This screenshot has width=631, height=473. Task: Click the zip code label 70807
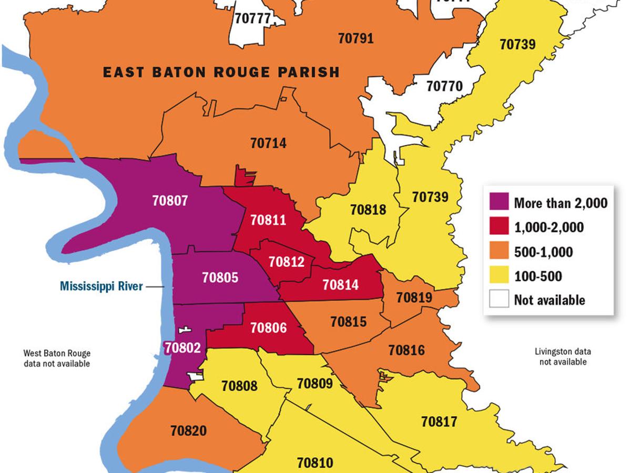[x=170, y=200]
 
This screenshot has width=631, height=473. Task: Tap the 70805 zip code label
[x=220, y=277]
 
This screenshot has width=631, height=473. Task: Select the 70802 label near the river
[x=182, y=347]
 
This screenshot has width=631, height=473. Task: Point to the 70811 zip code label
[x=268, y=219]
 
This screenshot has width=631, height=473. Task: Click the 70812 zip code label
[x=286, y=261]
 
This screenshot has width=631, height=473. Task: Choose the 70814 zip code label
[x=340, y=284]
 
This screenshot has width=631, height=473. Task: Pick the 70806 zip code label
[x=269, y=327]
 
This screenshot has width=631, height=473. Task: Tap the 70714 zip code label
[x=268, y=142]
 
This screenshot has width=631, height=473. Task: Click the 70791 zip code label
[x=355, y=38]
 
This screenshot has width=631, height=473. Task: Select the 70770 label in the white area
[x=444, y=86]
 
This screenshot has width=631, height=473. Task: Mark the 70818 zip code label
[x=368, y=210]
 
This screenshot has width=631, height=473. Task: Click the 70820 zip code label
[x=188, y=430]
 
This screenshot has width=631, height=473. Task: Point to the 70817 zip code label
[x=439, y=421]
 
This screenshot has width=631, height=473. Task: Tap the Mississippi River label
[x=101, y=286]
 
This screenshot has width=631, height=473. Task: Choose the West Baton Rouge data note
[x=57, y=358]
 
